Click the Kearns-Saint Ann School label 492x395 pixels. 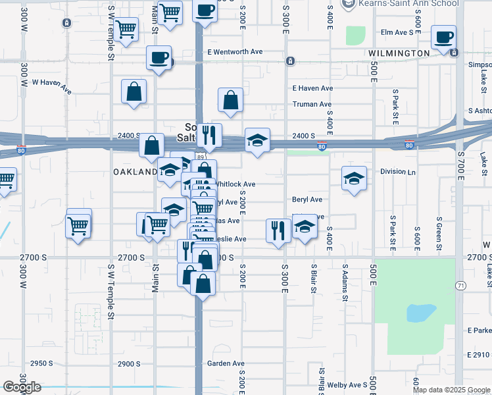389,4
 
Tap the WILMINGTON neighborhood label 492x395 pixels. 399,53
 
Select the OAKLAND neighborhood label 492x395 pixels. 135,172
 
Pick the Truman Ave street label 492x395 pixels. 312,104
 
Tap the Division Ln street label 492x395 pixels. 398,171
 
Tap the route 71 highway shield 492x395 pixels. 460,284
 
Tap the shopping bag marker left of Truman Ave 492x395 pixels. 231,100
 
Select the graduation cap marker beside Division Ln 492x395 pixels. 354,178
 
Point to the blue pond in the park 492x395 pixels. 421,312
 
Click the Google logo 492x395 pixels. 22,387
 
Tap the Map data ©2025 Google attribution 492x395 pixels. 451,390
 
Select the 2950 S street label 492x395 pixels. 41,363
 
